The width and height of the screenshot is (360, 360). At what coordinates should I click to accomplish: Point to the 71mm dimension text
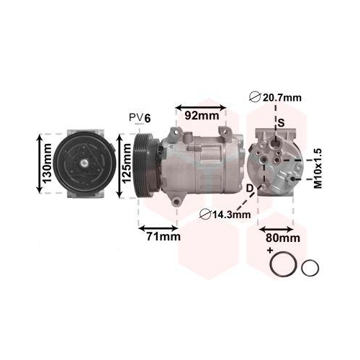coord(160,236)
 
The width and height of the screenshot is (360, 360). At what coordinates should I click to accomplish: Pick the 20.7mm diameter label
coord(277,99)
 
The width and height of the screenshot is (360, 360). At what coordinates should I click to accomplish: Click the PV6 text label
coord(140,117)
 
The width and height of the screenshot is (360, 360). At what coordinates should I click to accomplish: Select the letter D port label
coord(250,189)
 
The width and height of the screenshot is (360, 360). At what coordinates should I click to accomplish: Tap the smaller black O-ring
coord(310,268)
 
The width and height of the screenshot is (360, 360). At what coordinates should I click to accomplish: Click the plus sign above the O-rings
coord(270,250)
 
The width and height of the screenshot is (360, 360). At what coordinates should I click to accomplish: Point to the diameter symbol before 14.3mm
coord(204,213)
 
